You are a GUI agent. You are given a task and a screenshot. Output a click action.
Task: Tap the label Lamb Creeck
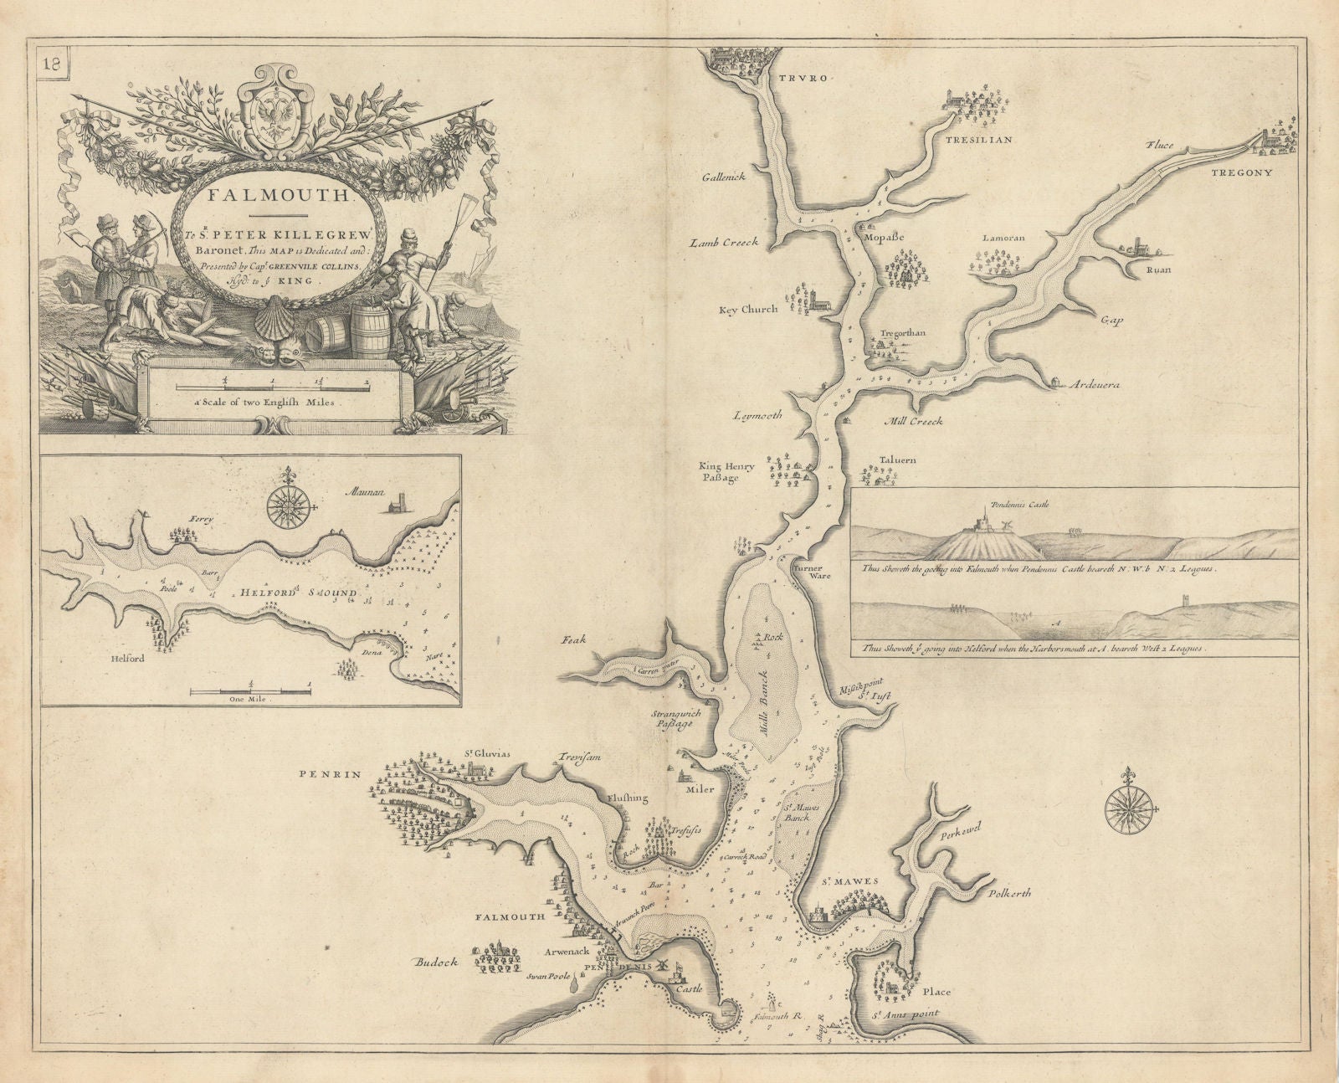coord(724,242)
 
